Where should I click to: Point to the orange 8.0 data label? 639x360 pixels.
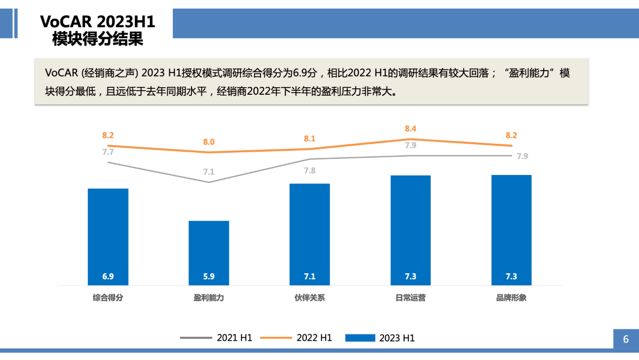(209, 142)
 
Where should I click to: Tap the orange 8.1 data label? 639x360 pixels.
(309, 139)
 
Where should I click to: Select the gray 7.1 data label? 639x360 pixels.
(209, 172)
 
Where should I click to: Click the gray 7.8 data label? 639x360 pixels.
(309, 170)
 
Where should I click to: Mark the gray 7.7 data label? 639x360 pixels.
(108, 152)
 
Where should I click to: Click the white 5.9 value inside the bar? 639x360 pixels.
(209, 276)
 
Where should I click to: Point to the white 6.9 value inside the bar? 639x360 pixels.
(108, 276)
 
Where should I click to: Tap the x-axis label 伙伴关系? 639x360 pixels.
(309, 297)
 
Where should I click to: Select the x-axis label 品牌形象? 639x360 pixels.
(511, 297)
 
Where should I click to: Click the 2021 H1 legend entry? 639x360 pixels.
(217, 338)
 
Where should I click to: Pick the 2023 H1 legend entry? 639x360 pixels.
(380, 338)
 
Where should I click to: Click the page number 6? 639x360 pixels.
(626, 339)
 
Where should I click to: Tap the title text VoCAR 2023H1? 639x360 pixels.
(97, 22)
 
